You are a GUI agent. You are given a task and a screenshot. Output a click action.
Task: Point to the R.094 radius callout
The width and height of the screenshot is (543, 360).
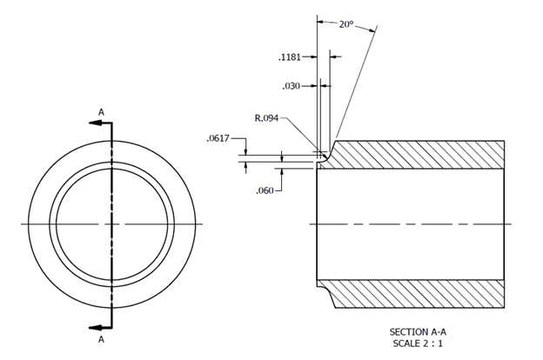pos(266,118)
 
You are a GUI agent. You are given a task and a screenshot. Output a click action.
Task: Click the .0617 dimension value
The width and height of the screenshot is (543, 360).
pos(218,138)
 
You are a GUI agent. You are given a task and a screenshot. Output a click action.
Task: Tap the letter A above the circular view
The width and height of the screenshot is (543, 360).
pos(101,112)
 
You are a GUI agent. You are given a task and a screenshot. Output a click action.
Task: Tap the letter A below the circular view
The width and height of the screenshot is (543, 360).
pos(101,339)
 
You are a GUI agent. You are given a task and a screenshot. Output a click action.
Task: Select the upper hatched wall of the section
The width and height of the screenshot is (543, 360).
pos(418,154)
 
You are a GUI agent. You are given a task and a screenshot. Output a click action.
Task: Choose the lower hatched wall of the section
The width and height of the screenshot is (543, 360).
pos(418,294)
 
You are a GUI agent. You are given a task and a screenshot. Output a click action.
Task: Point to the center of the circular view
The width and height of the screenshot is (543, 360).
pos(111,224)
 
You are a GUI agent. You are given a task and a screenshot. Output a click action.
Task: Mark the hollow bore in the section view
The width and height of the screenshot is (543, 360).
pos(409,200)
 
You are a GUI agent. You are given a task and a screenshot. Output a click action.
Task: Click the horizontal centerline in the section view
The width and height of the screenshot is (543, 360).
pos(409,224)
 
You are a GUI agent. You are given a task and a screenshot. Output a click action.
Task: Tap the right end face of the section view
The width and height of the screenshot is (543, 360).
pos(505,224)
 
